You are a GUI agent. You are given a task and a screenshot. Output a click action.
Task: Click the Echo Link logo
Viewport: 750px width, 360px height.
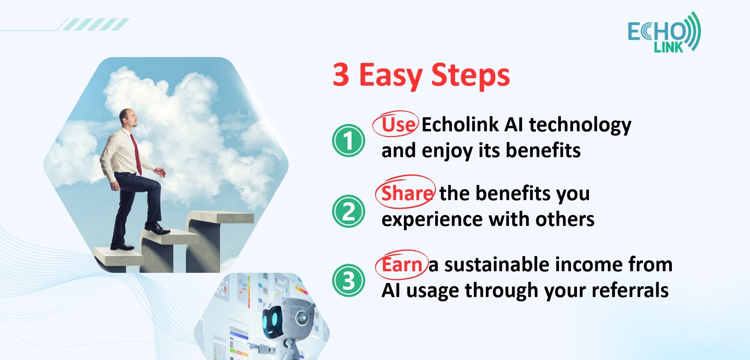point(664,32)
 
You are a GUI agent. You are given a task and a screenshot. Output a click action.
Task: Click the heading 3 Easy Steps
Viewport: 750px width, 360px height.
point(421,75)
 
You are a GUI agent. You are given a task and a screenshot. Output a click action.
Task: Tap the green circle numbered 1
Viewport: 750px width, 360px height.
point(348,140)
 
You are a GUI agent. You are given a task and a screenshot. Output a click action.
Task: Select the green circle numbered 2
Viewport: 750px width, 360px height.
point(348,211)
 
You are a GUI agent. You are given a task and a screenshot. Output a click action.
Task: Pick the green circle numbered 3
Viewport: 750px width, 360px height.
point(348,280)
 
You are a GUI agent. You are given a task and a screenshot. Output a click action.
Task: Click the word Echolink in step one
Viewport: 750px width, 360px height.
point(460,125)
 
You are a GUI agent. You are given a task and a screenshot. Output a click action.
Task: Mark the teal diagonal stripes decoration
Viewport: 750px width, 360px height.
point(96,24)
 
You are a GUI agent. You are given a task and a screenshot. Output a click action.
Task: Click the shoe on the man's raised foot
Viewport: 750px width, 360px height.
point(157,228)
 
